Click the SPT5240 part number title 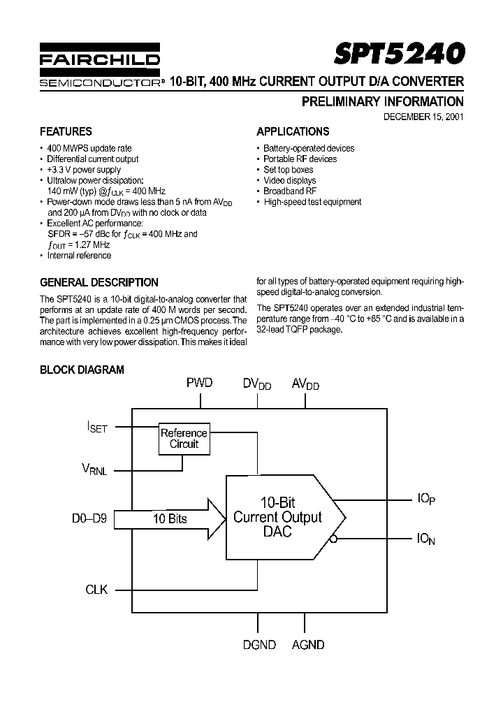[x=398, y=54]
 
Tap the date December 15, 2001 [x=423, y=117]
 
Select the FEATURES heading [x=66, y=131]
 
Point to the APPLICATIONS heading [x=293, y=131]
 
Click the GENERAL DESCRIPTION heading [x=99, y=282]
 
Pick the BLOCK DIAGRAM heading [x=82, y=370]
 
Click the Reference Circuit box [x=184, y=438]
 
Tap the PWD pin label [x=199, y=383]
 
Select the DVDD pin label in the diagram [x=257, y=384]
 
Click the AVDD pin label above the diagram [x=306, y=384]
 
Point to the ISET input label [x=97, y=426]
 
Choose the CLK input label [x=96, y=590]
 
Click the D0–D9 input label [x=89, y=519]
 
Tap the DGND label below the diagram [x=258, y=645]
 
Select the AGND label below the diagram [x=307, y=645]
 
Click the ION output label [x=426, y=539]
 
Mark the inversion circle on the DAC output [x=335, y=538]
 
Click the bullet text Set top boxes [x=288, y=170]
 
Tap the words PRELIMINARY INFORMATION [x=382, y=101]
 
